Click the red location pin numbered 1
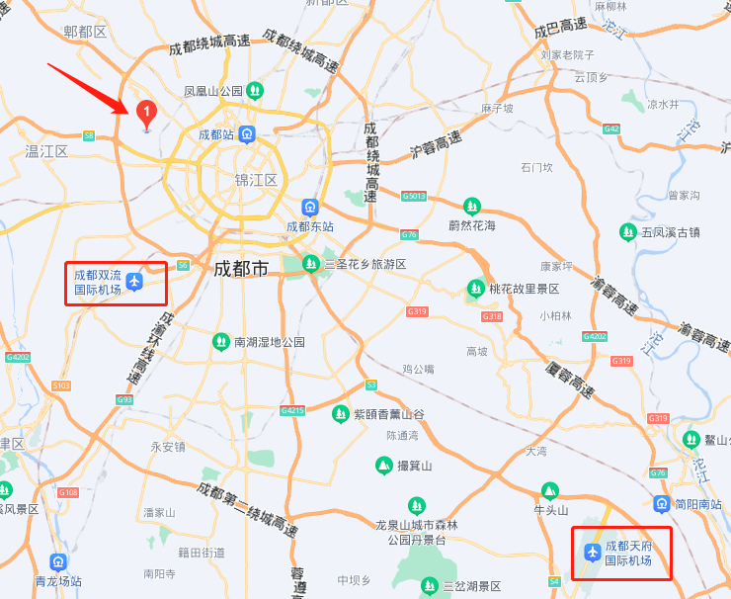point(146,114)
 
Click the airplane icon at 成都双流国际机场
point(135,283)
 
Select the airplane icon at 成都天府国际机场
point(592,553)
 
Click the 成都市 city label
point(241,267)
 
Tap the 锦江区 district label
point(256,180)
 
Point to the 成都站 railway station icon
point(246,134)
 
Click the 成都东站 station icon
point(310,208)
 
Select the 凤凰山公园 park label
point(213,91)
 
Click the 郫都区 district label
point(84,32)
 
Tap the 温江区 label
point(46,151)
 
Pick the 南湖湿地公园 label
point(269,342)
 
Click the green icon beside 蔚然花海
point(472,207)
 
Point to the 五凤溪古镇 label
point(670,232)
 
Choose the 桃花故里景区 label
point(525,289)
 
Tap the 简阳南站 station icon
point(661,504)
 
